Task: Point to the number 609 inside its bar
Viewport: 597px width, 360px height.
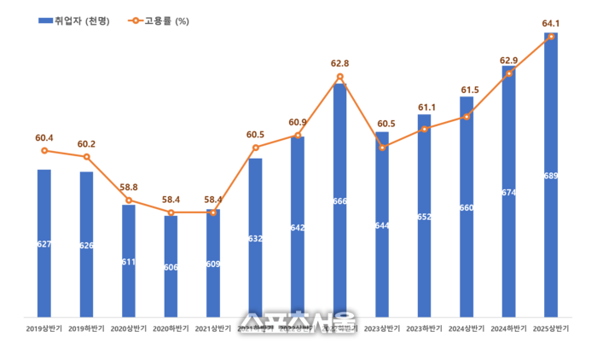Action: [213, 264]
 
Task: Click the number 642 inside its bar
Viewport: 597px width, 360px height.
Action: [298, 228]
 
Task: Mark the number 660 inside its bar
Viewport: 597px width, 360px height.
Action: [467, 207]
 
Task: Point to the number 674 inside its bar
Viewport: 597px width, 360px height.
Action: [509, 192]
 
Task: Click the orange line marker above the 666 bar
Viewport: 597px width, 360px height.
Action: [339, 77]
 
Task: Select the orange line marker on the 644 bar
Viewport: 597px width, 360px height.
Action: [382, 148]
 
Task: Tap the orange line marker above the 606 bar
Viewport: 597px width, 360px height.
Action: [171, 212]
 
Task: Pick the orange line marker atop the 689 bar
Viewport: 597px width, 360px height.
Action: [551, 37]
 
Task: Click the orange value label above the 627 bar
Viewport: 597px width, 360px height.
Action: [43, 137]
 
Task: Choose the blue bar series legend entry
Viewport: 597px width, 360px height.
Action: [73, 20]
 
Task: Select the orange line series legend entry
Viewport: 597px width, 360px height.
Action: [158, 20]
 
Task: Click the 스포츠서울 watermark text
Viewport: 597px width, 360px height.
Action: [298, 321]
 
